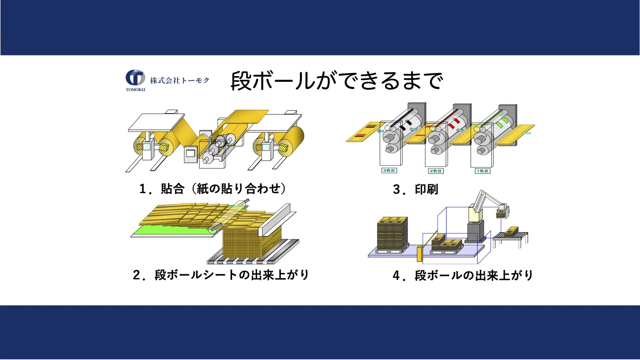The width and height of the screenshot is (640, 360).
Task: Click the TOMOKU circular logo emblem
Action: [135, 77]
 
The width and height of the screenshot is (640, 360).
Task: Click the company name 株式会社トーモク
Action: [180, 80]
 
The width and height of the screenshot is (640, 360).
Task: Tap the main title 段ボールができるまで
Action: [337, 81]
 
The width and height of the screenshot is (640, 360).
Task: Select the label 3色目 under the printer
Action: [389, 171]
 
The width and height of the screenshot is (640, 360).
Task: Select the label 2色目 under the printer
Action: [436, 171]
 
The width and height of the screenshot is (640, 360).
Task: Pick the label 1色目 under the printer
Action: [482, 171]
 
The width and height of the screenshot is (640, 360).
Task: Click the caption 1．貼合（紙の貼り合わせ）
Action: [212, 189]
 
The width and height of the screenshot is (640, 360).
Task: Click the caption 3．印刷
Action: [415, 189]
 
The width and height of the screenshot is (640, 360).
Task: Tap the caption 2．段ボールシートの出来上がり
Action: [221, 275]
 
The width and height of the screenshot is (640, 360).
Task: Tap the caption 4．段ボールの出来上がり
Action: [463, 275]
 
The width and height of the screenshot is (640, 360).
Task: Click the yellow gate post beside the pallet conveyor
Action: [420, 254]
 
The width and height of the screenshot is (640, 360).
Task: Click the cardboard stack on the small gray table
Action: [511, 231]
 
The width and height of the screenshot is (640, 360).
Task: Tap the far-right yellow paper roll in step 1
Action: [292, 140]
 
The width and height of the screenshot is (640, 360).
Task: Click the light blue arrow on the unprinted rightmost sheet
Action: [526, 133]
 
